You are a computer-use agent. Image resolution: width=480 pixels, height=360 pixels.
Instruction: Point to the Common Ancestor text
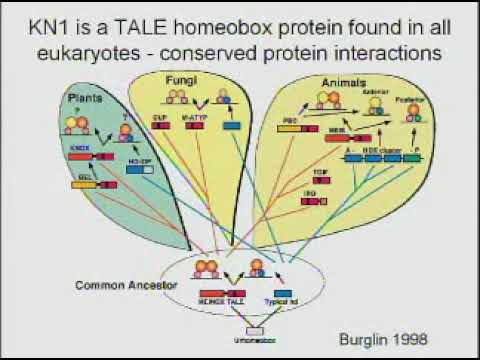coord(117,285)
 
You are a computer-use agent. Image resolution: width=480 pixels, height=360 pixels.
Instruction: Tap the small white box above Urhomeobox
coord(254,329)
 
